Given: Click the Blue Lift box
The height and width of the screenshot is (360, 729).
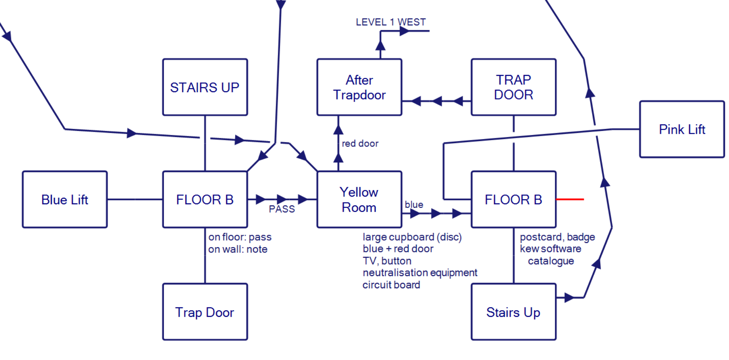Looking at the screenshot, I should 65,199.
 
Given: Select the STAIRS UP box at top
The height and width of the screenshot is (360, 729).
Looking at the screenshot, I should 205,87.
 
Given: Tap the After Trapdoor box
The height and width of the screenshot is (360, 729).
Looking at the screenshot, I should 359,87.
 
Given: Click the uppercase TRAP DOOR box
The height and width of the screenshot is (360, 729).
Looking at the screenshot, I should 513,87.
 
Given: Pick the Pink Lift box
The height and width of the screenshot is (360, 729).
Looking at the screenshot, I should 682,129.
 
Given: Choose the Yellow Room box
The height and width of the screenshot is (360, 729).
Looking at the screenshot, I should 359,199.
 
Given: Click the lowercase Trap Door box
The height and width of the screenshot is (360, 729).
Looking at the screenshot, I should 205,312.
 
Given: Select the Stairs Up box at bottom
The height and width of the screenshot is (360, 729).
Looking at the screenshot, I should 513,312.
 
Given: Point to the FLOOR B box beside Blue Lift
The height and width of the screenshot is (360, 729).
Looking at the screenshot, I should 205,199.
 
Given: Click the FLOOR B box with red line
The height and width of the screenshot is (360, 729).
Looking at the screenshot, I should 513,199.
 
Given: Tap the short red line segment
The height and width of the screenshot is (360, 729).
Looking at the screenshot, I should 570,199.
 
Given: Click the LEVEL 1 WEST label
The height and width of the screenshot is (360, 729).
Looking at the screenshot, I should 390,22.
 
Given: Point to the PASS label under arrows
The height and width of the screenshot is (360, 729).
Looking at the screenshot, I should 282,209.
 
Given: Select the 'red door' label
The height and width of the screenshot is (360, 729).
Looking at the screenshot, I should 360,144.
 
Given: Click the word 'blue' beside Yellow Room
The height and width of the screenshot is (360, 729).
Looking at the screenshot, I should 414,205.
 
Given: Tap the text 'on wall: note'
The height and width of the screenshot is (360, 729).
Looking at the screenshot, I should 238,249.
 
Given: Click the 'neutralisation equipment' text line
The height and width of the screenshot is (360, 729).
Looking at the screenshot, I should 420,273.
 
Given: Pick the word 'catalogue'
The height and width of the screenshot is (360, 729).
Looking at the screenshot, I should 551,261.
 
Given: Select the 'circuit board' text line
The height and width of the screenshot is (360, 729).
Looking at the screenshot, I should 391,285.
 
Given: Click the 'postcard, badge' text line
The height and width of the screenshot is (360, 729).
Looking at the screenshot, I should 557,237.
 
